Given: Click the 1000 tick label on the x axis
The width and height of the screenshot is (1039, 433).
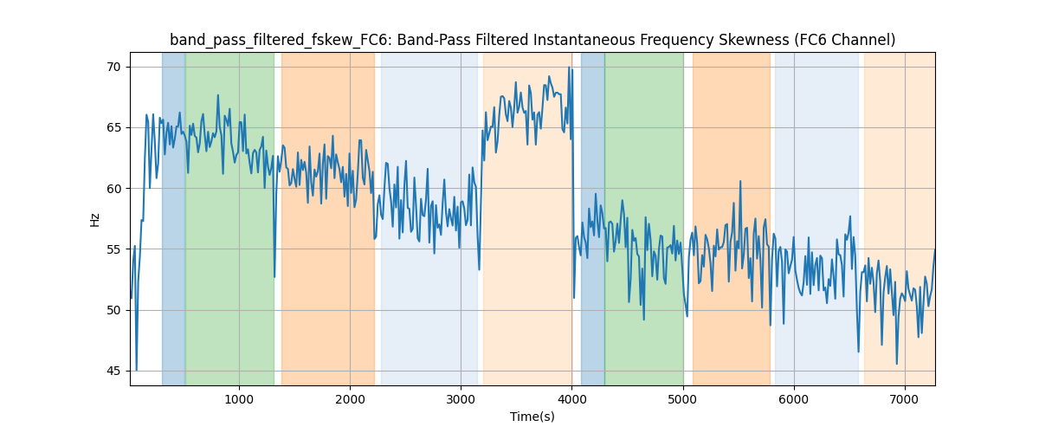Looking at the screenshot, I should (x=239, y=399).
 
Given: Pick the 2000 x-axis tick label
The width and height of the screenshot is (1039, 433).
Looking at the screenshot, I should (x=350, y=399).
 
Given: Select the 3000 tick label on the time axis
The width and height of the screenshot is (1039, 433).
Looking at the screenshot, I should (x=461, y=399).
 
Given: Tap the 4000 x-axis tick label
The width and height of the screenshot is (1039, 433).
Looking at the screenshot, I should (x=571, y=399).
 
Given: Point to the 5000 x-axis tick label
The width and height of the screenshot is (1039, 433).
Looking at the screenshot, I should (x=683, y=399).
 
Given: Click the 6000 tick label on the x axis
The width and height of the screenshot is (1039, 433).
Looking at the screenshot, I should (x=794, y=399).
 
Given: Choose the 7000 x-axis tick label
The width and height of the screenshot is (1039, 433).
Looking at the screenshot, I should (x=905, y=399).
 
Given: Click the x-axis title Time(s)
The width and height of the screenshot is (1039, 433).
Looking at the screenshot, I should (x=532, y=417).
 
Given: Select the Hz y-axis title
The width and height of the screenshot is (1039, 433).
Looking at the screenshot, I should (x=94, y=219).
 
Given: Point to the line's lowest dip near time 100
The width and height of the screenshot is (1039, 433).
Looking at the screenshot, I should (x=137, y=370).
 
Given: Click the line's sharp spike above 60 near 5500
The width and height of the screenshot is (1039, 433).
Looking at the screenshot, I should (x=740, y=182).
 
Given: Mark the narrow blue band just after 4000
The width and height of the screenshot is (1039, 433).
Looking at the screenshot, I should (x=592, y=216).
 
